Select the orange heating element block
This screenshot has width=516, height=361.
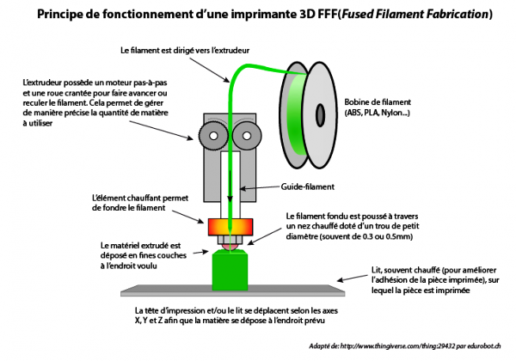pyautogui.click(x=231, y=227)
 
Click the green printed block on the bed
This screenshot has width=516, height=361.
pyautogui.click(x=230, y=271)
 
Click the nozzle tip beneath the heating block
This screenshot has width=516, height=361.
pyautogui.click(x=230, y=246)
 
